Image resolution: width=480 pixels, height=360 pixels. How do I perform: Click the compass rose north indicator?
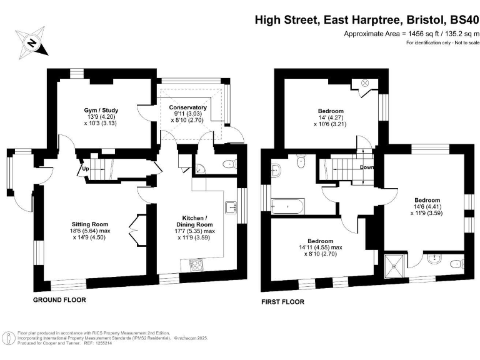[x=31, y=43]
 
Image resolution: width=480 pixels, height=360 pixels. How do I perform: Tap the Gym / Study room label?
[x=101, y=111]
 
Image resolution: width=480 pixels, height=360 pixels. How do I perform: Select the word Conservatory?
[x=187, y=107]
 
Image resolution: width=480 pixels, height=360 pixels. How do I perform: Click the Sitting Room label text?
[x=91, y=224]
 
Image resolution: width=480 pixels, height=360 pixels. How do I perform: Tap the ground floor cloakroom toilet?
[x=229, y=165]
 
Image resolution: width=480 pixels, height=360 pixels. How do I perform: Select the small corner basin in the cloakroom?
[x=198, y=168]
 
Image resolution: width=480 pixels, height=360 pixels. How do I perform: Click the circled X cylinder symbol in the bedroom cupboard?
[x=366, y=83]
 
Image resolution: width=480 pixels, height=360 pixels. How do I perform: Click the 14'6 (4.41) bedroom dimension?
[x=422, y=208]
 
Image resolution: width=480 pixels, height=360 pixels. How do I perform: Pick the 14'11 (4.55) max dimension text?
[x=320, y=247]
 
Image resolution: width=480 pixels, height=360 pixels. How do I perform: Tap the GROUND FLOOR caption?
[x=59, y=300]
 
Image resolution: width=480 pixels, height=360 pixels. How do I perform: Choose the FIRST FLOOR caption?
[x=283, y=302]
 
